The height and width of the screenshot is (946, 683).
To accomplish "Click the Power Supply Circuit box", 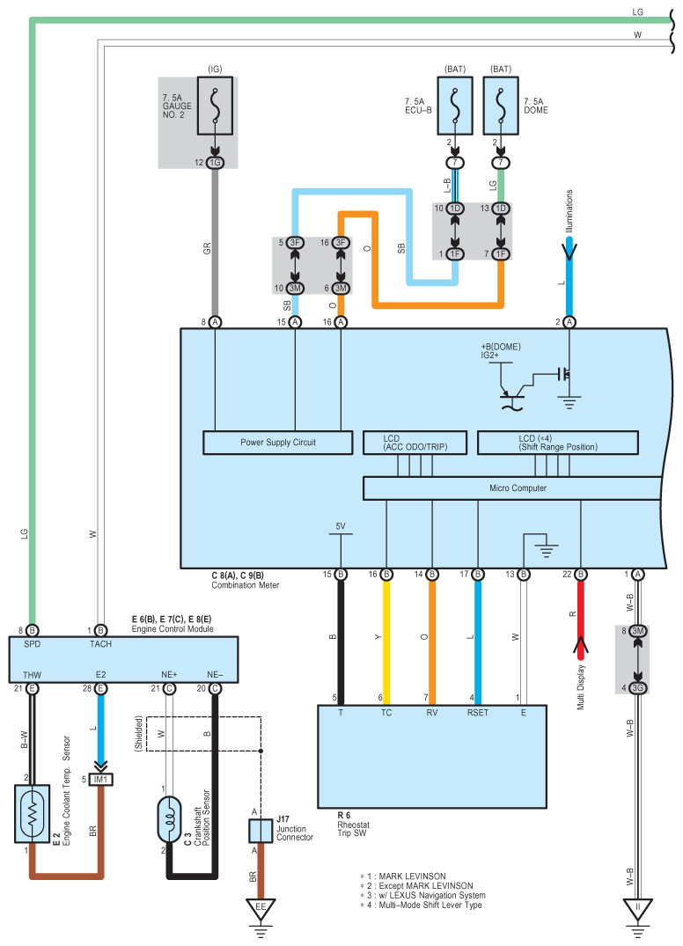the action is pos(278,443).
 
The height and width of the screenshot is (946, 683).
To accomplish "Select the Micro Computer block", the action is pos(512,488).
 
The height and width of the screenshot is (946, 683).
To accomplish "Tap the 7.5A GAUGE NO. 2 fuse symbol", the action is pos(215,106).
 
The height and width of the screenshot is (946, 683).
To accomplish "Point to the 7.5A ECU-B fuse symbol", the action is pos(455,106).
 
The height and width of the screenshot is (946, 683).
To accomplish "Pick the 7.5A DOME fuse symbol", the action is pos(501,106).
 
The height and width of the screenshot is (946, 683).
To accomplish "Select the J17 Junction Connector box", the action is pos(261,831).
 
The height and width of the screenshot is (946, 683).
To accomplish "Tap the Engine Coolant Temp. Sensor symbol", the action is pos(32,813).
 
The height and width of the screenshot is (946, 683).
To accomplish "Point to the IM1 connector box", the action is pos(100,779).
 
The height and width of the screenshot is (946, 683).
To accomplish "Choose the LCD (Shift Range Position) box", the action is pos(558,443).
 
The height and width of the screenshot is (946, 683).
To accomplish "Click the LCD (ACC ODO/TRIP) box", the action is pos(415,443).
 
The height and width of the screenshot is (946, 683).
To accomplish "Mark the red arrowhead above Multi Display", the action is pos(580,649).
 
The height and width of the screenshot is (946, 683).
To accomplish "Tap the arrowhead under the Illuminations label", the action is pos(569,249).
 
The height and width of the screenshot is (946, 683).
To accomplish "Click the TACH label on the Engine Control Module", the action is pos(100,644).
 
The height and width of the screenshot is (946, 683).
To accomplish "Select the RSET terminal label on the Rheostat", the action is pos(478,713).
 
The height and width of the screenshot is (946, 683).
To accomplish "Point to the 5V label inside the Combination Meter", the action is pos(341,526).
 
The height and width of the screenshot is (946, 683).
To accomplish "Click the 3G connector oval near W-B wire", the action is pos(638,687).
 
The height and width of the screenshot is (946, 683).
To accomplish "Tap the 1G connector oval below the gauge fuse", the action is pos(215,162).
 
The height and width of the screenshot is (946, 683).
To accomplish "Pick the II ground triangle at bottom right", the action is pos(638,909).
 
